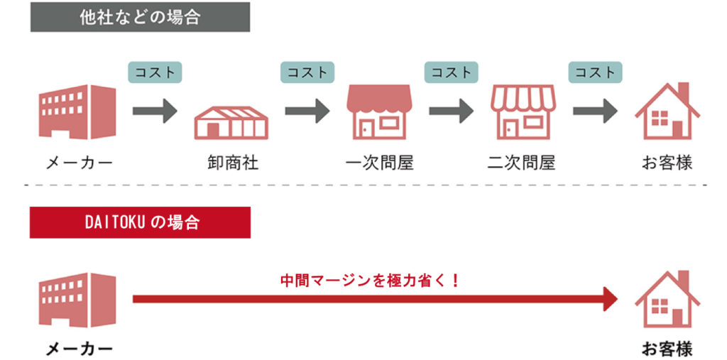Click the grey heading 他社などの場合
point(140,17)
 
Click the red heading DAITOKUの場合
point(140,222)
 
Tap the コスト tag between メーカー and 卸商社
point(155,72)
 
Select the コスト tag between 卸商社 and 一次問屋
point(308,72)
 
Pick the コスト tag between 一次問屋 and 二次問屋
point(452,72)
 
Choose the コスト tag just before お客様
point(595,72)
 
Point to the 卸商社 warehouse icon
point(231,121)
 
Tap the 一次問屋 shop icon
point(379,112)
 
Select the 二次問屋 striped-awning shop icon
point(523,112)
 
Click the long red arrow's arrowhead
point(610,299)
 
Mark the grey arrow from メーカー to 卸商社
point(155,110)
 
